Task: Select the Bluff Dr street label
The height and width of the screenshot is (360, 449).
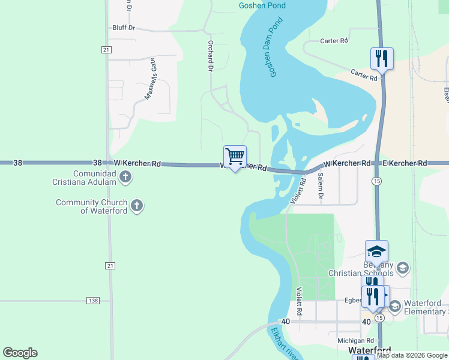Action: [x=124, y=28]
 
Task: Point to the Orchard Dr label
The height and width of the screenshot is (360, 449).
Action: [x=211, y=56]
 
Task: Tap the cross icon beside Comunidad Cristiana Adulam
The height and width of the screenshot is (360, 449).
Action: [x=125, y=176]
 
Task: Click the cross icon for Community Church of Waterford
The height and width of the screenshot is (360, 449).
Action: [x=137, y=206]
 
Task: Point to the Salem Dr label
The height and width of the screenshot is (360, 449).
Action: [x=321, y=186]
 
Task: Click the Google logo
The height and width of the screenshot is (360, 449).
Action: [x=20, y=353]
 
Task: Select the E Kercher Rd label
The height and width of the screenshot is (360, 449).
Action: [x=405, y=163]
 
